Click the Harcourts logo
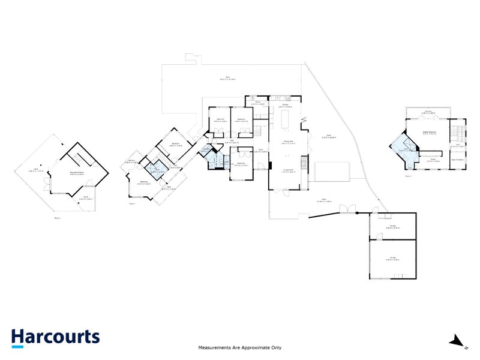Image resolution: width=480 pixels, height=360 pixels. click(x=55, y=337)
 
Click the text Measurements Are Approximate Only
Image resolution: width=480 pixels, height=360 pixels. click(x=240, y=347)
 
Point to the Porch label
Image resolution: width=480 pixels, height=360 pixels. click(x=86, y=197)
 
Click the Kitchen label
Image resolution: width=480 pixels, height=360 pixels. click(x=286, y=106)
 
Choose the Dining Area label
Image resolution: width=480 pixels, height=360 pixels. click(x=288, y=142)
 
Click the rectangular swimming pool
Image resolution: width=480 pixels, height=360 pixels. click(x=330, y=171)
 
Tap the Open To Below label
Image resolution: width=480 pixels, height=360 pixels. click(x=458, y=160)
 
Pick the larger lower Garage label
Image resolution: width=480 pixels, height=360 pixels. click(x=393, y=257)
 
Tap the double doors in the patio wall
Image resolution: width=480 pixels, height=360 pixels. click(x=347, y=209)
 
